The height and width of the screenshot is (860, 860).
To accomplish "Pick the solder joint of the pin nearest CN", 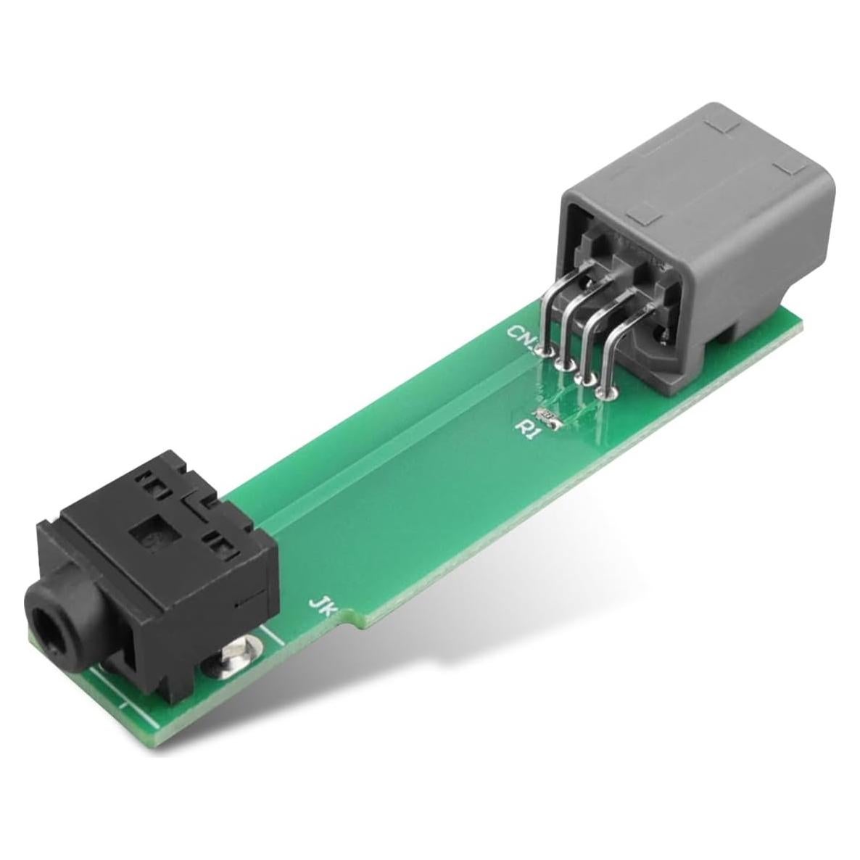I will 545,351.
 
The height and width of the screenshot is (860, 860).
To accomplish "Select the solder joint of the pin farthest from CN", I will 604,392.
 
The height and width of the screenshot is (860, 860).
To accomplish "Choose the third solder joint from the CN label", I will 584,379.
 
